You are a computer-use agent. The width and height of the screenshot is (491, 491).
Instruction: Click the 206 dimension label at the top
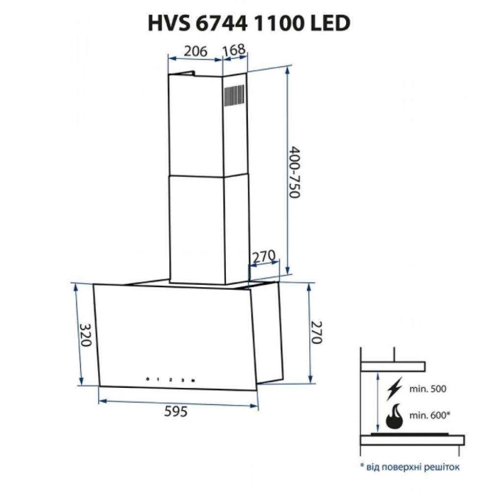point(195,51)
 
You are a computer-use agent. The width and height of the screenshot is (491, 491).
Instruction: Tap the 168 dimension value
point(233,50)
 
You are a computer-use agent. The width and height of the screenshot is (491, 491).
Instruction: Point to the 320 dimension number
point(85,335)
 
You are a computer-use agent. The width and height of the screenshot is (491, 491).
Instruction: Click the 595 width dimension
point(176,411)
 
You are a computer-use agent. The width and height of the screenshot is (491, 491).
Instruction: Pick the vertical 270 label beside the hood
point(316,332)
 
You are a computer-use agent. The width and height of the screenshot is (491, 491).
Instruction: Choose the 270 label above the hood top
point(264,257)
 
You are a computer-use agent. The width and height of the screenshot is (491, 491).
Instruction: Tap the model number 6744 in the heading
point(221,24)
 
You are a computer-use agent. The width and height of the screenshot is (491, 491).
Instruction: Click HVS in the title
point(168,24)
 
